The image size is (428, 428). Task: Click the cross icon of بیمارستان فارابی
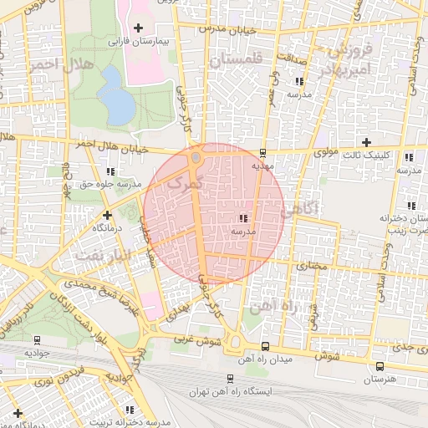point(137,28)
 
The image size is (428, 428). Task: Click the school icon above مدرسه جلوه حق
point(111,171)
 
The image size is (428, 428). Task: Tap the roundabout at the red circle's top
point(196,157)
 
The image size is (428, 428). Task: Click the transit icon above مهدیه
point(263,153)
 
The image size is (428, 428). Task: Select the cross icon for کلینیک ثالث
point(365,142)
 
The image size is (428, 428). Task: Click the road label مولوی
point(326,153)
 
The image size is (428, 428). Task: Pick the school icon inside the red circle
point(242,217)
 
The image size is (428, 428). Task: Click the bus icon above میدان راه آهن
point(265,346)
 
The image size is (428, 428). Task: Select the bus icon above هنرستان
point(380,366)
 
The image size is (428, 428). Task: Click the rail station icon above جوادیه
point(37,340)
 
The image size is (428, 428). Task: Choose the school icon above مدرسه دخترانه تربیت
point(130,409)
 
